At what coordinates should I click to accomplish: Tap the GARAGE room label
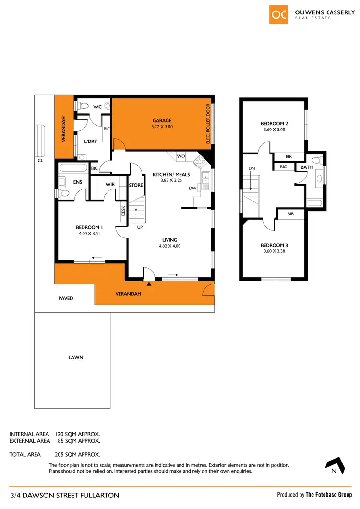[x=162, y=121]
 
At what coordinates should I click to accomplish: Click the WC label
[x=96, y=107]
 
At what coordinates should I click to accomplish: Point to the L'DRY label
[x=91, y=141]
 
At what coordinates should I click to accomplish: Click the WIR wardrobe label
[x=109, y=184]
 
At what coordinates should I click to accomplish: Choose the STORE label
[x=136, y=185]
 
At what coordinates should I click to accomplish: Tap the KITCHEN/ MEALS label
[x=171, y=174]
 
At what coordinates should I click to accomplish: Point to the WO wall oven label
[x=181, y=156]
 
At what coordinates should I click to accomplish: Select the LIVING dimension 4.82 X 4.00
[x=169, y=246]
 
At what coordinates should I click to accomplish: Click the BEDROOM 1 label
[x=90, y=227]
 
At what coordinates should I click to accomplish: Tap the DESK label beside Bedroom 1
[x=123, y=211]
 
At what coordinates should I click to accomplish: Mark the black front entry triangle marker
[x=149, y=284]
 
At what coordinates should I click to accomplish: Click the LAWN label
[x=72, y=357]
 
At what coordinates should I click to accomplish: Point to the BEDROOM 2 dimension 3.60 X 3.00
[x=275, y=130]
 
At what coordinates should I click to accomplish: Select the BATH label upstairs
[x=307, y=167]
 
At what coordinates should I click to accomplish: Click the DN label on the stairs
[x=252, y=169]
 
